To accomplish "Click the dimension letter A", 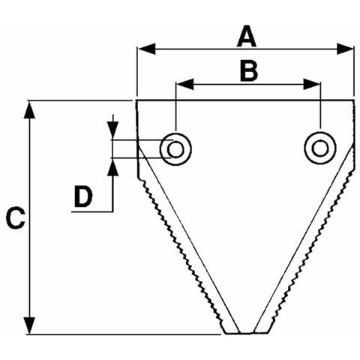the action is coord(247,36).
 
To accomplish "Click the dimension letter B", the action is coord(249,72).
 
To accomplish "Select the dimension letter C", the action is coord(16,217).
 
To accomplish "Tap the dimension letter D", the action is coord(83,197).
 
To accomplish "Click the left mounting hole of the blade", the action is coord(175,149).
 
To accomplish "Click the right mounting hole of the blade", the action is coord(320,148).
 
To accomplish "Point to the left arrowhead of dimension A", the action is coord(147,49).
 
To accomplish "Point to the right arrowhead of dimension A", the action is coord(345,49).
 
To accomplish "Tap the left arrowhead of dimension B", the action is coord(185,84).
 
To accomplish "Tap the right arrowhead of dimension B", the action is coord(312,84).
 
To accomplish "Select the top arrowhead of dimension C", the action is coord(29,109).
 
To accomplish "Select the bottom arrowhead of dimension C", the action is coord(29,325).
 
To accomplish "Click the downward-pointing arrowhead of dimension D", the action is coord(113,130).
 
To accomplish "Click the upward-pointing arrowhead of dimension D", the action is coord(113,167).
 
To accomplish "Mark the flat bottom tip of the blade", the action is coord(247,333).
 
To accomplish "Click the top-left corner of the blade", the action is coord(136,100).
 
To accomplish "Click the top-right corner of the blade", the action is coord(354,100).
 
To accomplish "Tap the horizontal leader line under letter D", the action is coord(92,211).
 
